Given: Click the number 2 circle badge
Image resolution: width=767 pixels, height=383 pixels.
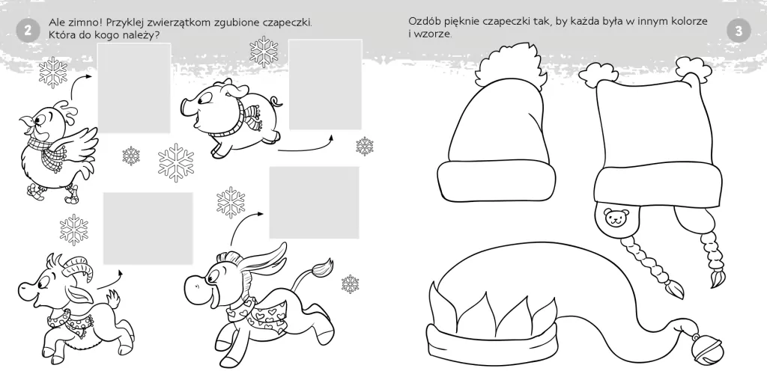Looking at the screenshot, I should (x=27, y=30).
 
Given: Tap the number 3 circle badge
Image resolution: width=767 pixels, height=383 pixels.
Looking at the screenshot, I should (x=739, y=30).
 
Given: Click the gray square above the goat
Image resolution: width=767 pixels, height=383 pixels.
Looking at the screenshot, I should (x=148, y=228).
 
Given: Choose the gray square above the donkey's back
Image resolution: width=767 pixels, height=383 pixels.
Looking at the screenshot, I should (x=314, y=202).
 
